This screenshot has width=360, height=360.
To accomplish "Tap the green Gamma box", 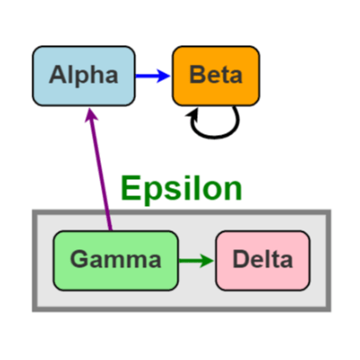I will click(115, 261).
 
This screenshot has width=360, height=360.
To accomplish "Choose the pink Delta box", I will click(262, 261).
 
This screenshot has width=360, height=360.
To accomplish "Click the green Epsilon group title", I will click(181, 189).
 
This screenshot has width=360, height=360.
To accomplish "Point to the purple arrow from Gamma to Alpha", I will click(100, 171).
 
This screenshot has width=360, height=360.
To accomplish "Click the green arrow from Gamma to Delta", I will click(193, 261).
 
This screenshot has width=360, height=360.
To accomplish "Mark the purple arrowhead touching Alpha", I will click(91, 114).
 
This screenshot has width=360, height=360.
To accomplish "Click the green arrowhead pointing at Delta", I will click(208, 261).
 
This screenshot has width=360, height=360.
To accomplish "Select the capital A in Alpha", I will click(58, 75).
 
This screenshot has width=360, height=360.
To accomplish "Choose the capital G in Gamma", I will click(79, 261).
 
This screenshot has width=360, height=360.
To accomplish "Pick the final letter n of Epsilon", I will click(232, 192).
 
